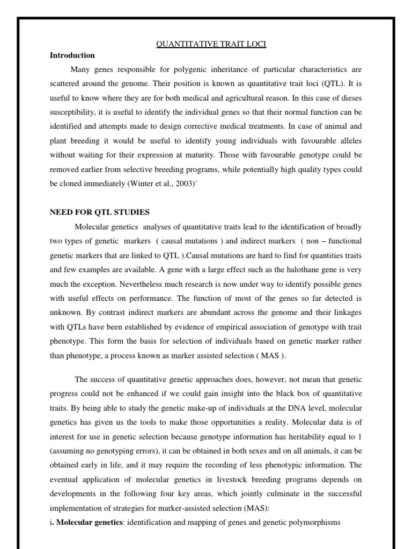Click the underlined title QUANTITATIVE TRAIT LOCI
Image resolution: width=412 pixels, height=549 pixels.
(x=211, y=44)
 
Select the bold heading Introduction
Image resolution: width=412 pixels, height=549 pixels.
(x=72, y=55)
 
